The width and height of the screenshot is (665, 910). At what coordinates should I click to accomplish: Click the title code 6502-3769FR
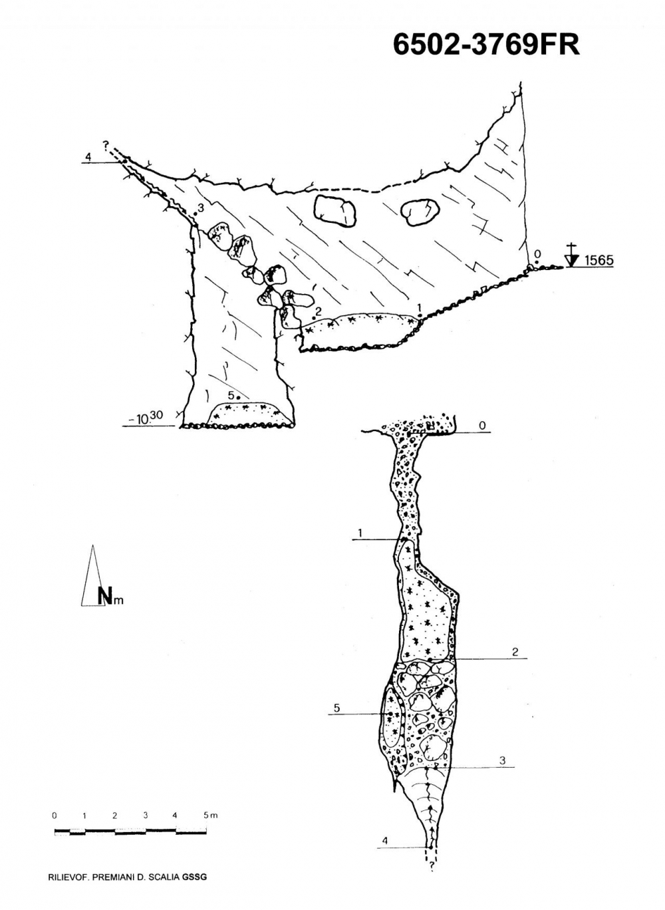tap(486, 45)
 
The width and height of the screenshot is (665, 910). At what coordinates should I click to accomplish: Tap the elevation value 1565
tap(598, 260)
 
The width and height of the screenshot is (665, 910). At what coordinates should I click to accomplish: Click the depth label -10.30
tap(147, 418)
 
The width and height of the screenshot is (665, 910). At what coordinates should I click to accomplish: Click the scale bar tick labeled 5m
tap(210, 815)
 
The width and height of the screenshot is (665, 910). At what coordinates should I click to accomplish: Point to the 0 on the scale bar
tap(55, 815)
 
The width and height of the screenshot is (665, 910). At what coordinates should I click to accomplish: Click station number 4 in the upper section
tap(87, 157)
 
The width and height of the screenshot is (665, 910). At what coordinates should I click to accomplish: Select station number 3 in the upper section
tap(199, 208)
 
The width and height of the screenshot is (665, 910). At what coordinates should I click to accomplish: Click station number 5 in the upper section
tap(231, 394)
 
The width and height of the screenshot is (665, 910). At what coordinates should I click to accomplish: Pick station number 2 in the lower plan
tap(515, 652)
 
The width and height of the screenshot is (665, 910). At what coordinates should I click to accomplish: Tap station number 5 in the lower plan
tap(336, 708)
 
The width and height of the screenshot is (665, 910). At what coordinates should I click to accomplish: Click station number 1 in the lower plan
tap(359, 533)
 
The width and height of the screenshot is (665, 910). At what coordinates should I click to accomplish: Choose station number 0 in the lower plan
tap(482, 425)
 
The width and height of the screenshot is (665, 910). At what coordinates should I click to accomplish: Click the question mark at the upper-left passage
tap(105, 143)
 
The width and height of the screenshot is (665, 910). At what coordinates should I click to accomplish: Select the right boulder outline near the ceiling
tap(422, 212)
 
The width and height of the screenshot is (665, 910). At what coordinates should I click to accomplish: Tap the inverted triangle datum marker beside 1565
tap(571, 259)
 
